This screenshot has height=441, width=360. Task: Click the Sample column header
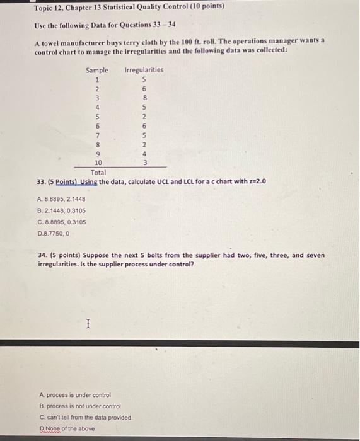click(97, 70)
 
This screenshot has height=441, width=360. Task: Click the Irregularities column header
click(144, 70)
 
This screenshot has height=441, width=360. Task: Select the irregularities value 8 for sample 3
click(144, 98)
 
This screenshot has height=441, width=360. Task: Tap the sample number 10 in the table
click(98, 163)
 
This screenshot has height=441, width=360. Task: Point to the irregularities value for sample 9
click(144, 153)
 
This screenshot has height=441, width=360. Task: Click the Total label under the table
click(98, 172)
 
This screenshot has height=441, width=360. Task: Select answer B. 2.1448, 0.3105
click(62, 210)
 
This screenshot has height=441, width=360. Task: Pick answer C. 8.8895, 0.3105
click(62, 222)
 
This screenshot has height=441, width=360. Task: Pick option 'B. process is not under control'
click(80, 406)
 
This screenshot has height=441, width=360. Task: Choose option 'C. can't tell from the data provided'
click(86, 417)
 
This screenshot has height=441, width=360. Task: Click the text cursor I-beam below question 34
click(88, 324)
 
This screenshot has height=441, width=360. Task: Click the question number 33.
click(43, 181)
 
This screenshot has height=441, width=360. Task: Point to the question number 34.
click(43, 256)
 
